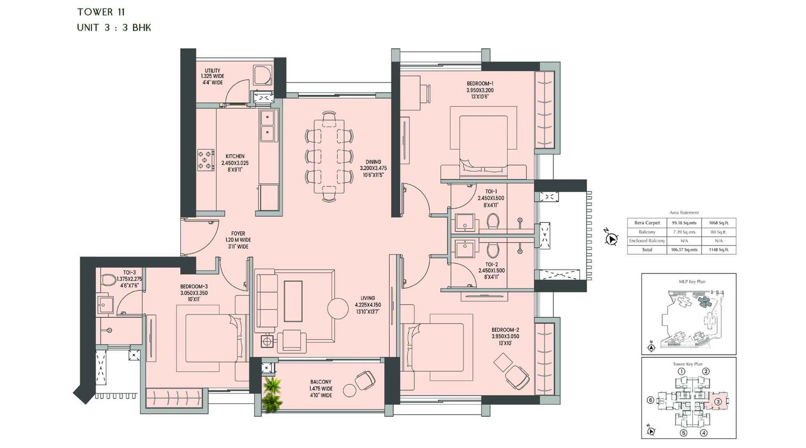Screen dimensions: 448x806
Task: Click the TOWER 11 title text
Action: [x=101, y=12]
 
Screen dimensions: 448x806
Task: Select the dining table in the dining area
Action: [x=329, y=156]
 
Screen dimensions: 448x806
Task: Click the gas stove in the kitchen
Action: [x=206, y=160]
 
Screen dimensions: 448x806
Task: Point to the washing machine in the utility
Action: [x=262, y=76]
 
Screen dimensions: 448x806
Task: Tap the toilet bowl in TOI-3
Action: [x=108, y=280]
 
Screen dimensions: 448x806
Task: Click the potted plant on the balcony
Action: [x=272, y=393]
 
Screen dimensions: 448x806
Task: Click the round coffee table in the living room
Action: [x=338, y=308]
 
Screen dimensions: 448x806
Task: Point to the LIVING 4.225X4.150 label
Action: [x=367, y=305]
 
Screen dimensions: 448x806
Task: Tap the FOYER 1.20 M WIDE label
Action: [x=238, y=240]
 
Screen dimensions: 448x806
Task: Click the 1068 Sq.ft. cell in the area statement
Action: [x=718, y=223]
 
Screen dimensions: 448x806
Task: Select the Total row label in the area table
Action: [x=647, y=249]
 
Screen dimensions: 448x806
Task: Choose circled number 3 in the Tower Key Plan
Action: [x=718, y=402]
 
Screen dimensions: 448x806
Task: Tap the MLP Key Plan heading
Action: [x=692, y=282]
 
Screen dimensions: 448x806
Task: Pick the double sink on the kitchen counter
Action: [x=267, y=125]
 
